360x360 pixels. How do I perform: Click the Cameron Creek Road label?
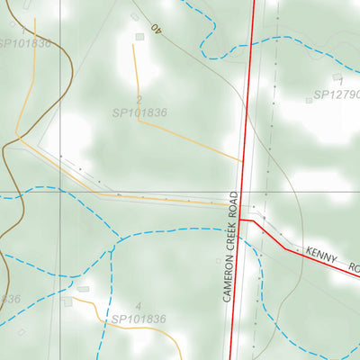coord(231,246)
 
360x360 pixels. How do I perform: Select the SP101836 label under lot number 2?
coord(139,113)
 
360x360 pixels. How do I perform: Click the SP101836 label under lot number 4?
coord(139,319)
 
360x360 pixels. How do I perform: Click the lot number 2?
coord(139,100)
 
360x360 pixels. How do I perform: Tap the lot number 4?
coord(139,306)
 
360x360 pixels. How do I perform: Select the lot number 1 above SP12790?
coord(341,81)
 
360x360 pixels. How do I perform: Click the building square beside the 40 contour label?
coord(139,37)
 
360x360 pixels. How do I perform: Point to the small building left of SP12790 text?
coord(308,100)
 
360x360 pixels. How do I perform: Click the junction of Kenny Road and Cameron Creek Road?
coord(239,220)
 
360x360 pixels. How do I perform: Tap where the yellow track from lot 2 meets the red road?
coord(244,162)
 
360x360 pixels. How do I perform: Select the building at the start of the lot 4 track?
coord(83,289)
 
